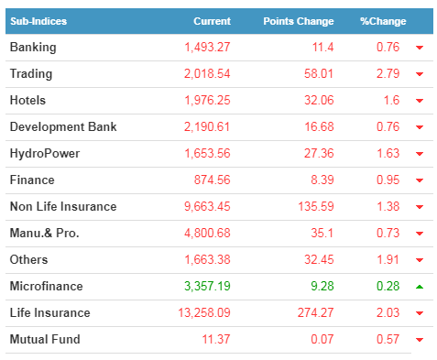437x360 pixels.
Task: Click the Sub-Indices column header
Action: click(x=38, y=21)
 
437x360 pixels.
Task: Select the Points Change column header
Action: click(x=299, y=21)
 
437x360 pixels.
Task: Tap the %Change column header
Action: click(x=383, y=21)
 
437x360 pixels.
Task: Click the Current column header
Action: click(x=212, y=21)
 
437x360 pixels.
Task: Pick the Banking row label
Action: click(x=33, y=48)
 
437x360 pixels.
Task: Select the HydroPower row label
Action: click(x=45, y=154)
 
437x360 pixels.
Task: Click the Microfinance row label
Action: click(x=47, y=286)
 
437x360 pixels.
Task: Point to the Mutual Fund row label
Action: click(x=45, y=339)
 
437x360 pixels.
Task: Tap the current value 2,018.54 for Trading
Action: click(x=207, y=74)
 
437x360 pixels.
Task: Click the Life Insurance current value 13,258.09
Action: click(x=204, y=313)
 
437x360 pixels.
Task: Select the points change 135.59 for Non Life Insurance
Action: click(x=316, y=207)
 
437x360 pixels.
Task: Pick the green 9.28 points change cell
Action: click(x=322, y=286)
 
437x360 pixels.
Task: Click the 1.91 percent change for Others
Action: click(x=388, y=260)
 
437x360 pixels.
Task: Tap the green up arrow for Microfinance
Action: click(x=420, y=287)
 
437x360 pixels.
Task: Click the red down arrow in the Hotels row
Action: click(x=420, y=101)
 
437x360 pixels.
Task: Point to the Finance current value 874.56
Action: click(x=213, y=180)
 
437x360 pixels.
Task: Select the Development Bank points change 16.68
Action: click(x=319, y=127)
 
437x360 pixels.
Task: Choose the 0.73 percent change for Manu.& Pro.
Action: click(x=388, y=234)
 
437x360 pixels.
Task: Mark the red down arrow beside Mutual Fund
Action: click(x=420, y=340)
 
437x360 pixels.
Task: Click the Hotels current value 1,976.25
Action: click(x=207, y=101)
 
